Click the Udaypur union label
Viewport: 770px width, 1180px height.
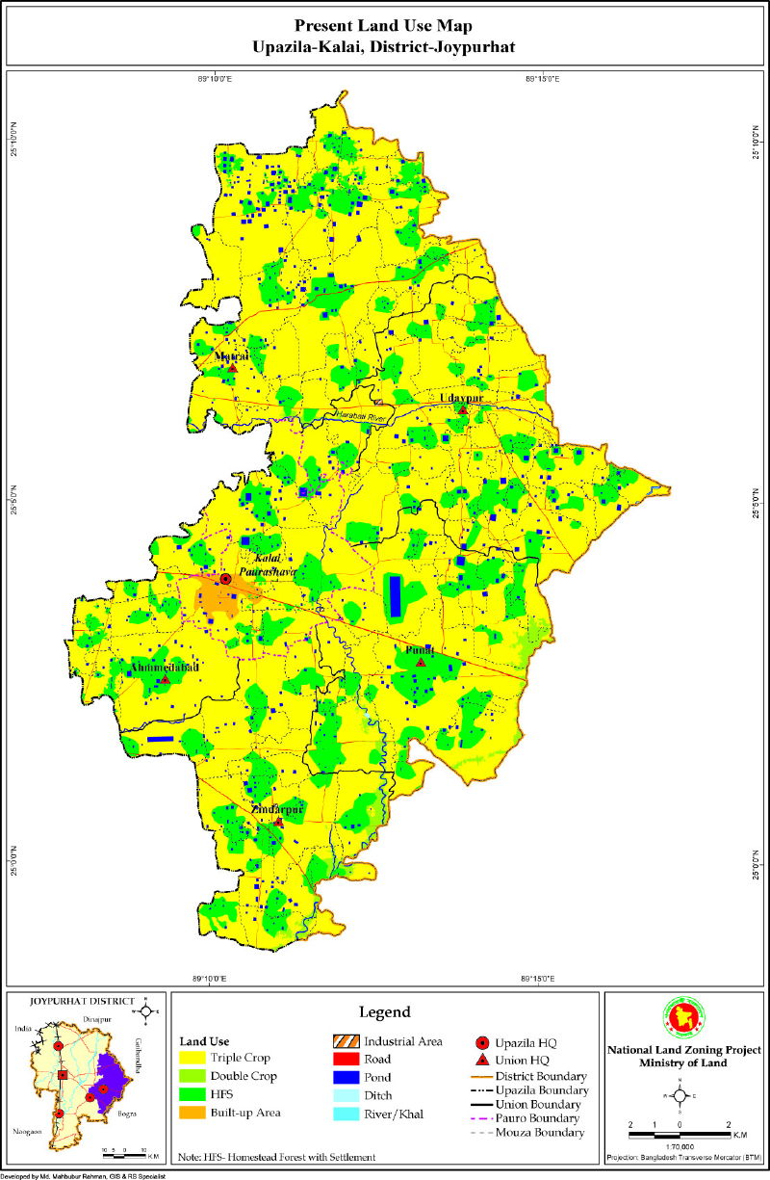click(460, 397)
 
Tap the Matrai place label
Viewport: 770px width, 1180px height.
click(232, 356)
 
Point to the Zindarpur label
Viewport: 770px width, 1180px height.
click(277, 810)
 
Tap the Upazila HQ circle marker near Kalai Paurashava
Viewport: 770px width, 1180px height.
click(225, 579)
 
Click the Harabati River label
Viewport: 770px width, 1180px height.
click(358, 415)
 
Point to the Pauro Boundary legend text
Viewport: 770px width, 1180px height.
click(539, 1118)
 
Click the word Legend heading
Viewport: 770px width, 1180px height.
click(385, 1011)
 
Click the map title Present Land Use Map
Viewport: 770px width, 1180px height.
click(385, 26)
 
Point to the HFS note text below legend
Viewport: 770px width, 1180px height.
click(277, 1156)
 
